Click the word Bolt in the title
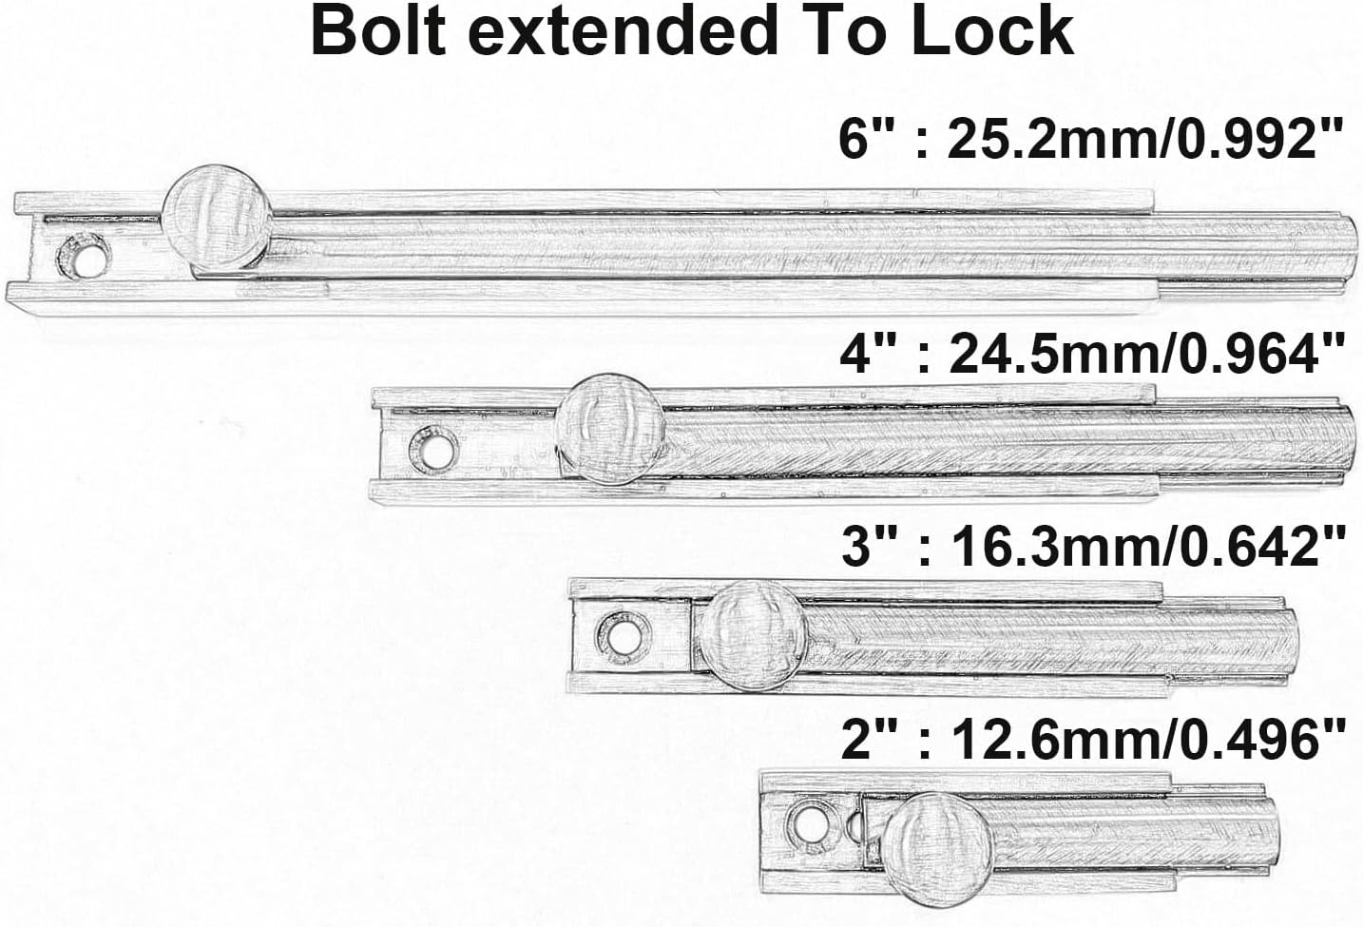(378, 30)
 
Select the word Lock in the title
(991, 30)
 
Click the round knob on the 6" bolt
(218, 218)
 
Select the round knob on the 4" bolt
(610, 429)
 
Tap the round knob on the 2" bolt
(937, 849)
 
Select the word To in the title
(843, 30)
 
